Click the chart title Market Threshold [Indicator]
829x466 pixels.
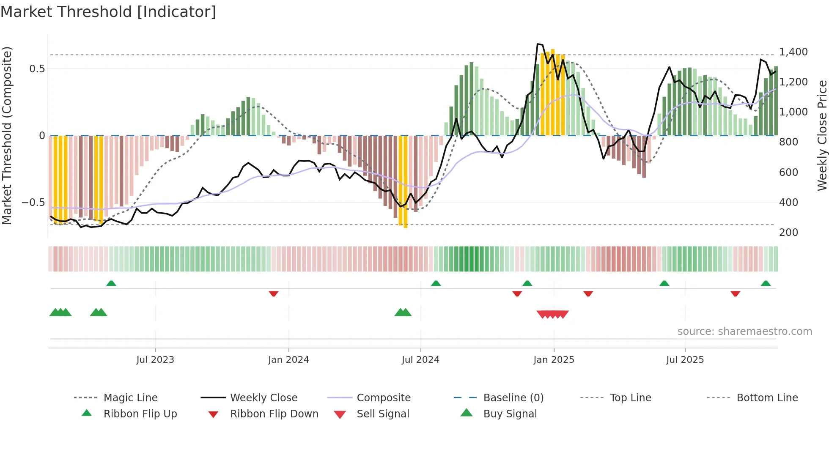pos(108,12)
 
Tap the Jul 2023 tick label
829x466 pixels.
pos(155,359)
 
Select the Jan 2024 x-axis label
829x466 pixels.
pos(288,359)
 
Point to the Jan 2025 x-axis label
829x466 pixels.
pos(554,359)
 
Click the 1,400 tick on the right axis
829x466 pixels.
pos(793,52)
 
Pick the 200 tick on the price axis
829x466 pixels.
pos(788,232)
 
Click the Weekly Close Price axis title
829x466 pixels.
pos(822,135)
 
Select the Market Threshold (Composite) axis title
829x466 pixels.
pos(7,135)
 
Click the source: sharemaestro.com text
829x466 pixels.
pos(744,331)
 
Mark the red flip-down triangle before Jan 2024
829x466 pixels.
pos(274,293)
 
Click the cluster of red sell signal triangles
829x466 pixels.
pos(552,314)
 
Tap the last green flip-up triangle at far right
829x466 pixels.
pos(766,283)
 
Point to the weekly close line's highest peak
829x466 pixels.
pos(538,44)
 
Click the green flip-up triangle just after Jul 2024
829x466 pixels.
pos(436,283)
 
